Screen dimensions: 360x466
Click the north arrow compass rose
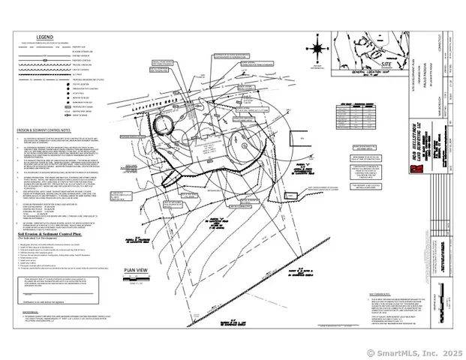[318, 50]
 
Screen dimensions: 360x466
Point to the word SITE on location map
[387, 66]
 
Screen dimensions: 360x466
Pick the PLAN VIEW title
[140, 270]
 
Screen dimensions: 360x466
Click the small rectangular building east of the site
[299, 138]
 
